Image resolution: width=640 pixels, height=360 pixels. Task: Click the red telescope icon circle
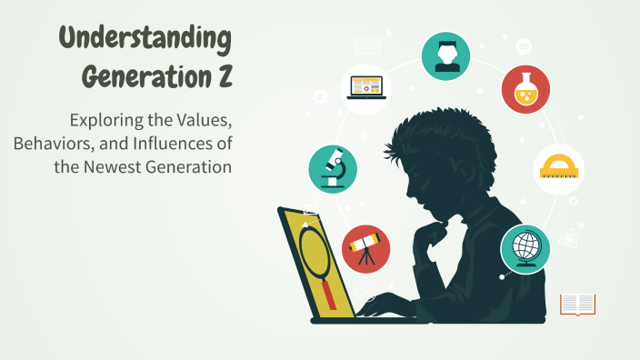[x=366, y=248]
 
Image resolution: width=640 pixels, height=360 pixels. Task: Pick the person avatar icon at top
[x=445, y=55]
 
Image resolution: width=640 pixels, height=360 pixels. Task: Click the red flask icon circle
[x=525, y=89]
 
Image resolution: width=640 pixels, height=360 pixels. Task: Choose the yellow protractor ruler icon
[x=558, y=168]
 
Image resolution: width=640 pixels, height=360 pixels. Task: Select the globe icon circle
[x=525, y=247]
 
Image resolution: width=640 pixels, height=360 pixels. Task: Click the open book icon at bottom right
[x=577, y=304]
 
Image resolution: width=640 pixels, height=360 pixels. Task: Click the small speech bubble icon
[x=524, y=46]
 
